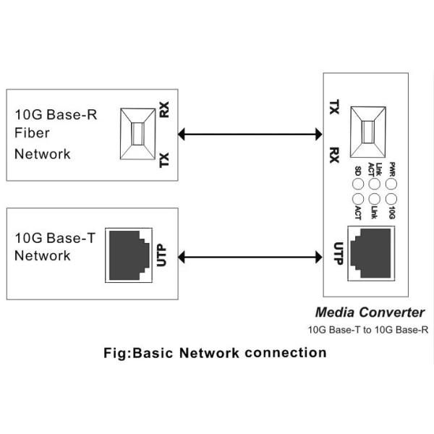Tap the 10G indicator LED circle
391,198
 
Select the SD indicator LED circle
357,183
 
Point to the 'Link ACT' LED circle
374,183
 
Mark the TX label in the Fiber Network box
164,159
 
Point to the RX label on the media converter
334,155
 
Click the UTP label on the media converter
336,255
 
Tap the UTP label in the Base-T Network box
162,256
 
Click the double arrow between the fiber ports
250,133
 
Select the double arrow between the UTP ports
250,255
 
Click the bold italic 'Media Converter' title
370,312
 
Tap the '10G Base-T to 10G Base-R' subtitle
368,330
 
